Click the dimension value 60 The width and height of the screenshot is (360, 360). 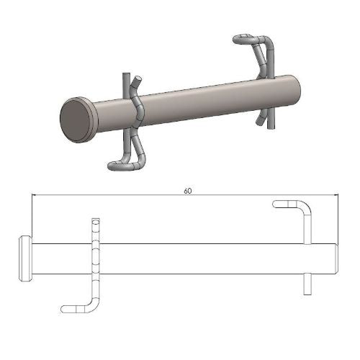(x=187, y=192)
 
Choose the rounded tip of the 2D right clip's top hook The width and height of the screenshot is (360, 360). (x=276, y=204)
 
